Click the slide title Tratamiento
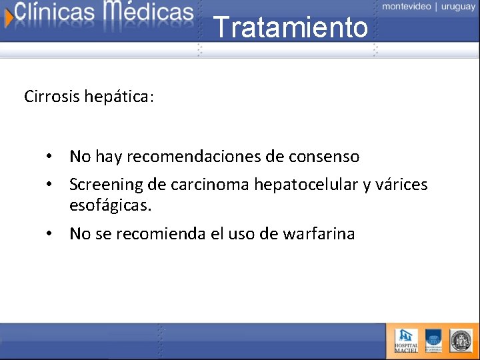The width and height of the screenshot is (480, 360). [x=291, y=28]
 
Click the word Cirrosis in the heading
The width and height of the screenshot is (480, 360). [x=52, y=97]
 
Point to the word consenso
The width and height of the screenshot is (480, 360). [x=324, y=157]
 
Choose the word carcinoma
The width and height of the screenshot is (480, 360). [x=214, y=184]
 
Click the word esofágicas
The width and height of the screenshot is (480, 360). [x=110, y=205]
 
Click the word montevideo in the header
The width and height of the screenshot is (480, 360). [x=407, y=6]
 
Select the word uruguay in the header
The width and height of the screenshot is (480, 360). [x=458, y=6]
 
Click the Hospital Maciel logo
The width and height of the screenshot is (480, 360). [x=406, y=340]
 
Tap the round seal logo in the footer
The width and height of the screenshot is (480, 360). [x=460, y=340]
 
